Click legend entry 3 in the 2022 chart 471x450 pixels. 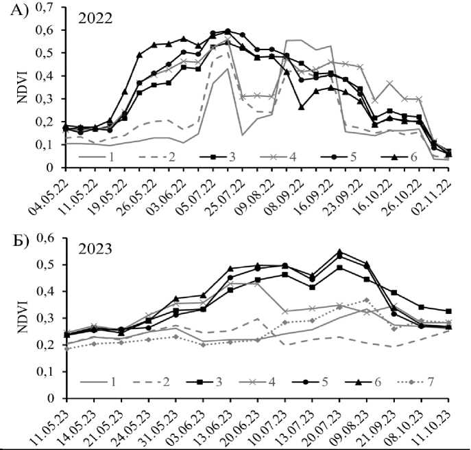coord(234,157)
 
